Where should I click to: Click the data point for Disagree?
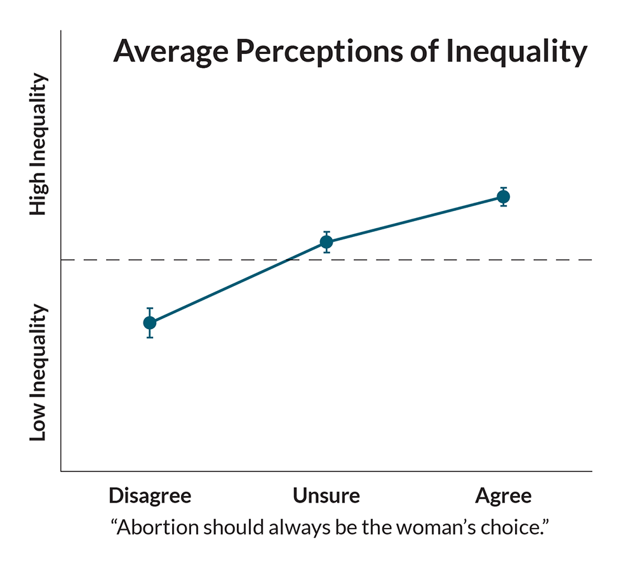pos(150,323)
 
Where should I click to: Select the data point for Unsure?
pos(326,242)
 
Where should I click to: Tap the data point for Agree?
pos(503,197)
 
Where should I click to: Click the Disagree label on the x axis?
pos(150,496)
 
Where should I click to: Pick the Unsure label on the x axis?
pos(326,496)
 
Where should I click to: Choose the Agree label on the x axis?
pos(503,496)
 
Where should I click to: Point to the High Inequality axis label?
pos(39,145)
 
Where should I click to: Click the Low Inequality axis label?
pos(39,373)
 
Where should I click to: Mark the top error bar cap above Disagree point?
pos(150,308)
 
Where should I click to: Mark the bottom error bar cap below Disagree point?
pos(150,337)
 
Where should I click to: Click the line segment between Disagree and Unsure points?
pos(238,283)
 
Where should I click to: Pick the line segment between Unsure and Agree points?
pos(415,220)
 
